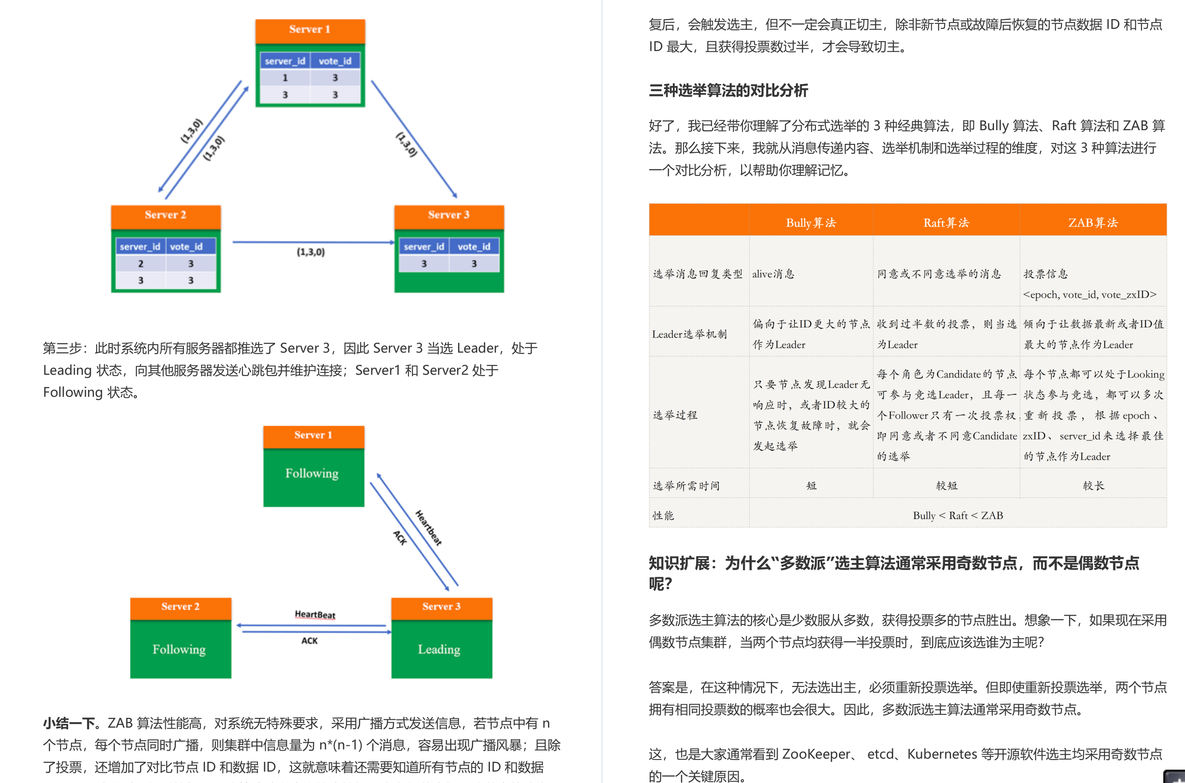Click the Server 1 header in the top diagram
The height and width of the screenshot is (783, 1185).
pyautogui.click(x=310, y=30)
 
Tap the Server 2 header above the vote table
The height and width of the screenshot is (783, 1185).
pyautogui.click(x=165, y=215)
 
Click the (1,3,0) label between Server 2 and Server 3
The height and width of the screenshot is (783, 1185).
pyautogui.click(x=311, y=252)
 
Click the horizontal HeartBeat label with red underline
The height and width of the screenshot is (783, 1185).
pyautogui.click(x=315, y=614)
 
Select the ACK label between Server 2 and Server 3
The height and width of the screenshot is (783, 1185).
pyautogui.click(x=309, y=641)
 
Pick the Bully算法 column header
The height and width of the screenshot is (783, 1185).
pyautogui.click(x=811, y=223)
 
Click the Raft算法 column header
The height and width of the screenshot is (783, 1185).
pyautogui.click(x=946, y=223)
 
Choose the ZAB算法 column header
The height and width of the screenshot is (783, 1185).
pyautogui.click(x=1092, y=223)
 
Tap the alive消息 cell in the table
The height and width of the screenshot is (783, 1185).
pyautogui.click(x=773, y=274)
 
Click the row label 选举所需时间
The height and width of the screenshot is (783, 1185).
pyautogui.click(x=686, y=486)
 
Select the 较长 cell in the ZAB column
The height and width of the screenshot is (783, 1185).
pyautogui.click(x=1093, y=486)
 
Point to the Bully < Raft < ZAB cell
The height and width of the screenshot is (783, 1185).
pyautogui.click(x=957, y=516)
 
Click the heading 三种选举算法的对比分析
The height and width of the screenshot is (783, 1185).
pyautogui.click(x=728, y=91)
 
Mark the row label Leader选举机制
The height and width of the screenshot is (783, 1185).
pyautogui.click(x=689, y=334)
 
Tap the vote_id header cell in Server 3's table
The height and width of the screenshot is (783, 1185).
pyautogui.click(x=474, y=247)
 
